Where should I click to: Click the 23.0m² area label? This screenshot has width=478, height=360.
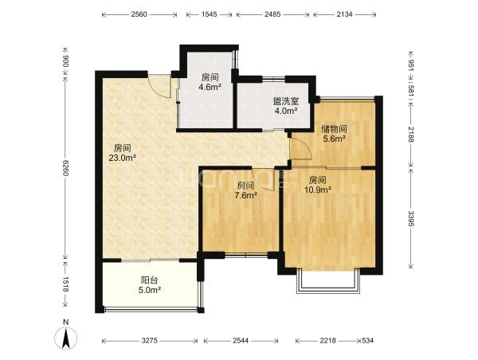tap(122, 158)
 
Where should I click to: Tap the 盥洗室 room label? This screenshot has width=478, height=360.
tap(286, 101)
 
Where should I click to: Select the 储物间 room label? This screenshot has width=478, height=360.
tap(334, 129)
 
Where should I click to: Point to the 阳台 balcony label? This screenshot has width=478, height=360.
tap(150, 280)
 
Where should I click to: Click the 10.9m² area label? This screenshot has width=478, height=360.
tap(318, 190)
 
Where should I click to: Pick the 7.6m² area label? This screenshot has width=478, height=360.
tap(245, 195)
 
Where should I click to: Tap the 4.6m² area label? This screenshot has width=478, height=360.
tap(210, 87)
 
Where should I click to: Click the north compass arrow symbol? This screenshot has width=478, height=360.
tap(65, 338)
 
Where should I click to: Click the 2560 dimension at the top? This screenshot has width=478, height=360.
tap(139, 14)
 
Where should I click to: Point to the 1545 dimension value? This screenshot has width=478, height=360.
tap(209, 14)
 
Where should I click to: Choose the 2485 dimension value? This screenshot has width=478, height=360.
tap(272, 14)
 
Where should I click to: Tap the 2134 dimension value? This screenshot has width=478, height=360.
tap(344, 14)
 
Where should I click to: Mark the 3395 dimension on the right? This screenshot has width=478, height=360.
tap(411, 219)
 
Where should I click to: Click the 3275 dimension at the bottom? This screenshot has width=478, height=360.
tap(150, 341)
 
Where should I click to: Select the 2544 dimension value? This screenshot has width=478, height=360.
tap(241, 341)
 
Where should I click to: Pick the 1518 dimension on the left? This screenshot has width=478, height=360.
tap(65, 284)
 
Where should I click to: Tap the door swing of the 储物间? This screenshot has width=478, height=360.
tap(300, 148)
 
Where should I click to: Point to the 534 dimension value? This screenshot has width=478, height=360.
tap(367, 341)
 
